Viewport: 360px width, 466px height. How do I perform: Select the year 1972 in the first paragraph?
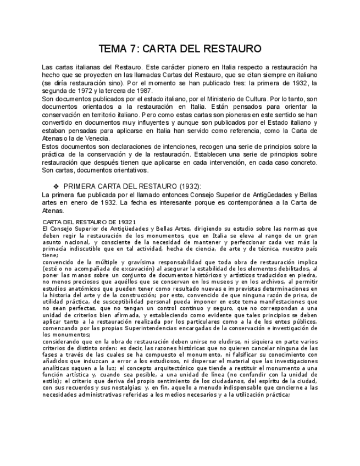94,91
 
